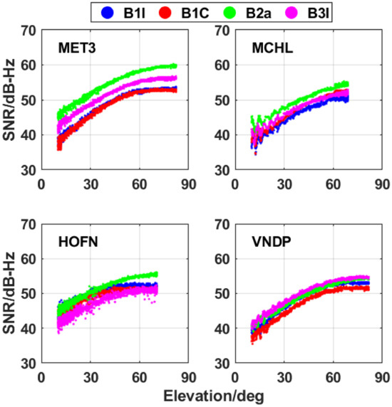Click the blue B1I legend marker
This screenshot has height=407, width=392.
click(x=108, y=12)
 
